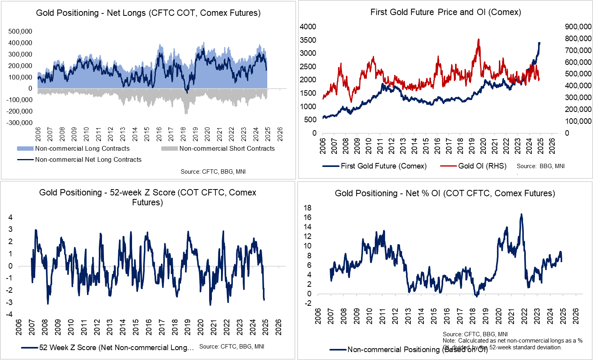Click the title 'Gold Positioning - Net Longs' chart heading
[x=148, y=13]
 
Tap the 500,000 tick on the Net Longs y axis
[x=20, y=31]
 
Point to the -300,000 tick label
[x=19, y=123]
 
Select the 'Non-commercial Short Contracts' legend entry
[x=227, y=149]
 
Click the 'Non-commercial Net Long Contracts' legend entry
[x=88, y=160]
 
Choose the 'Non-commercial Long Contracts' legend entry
[x=82, y=149]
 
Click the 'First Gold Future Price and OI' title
[x=446, y=12]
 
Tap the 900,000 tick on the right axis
[x=578, y=27]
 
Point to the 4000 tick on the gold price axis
[x=308, y=27]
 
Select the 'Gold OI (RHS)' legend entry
[x=482, y=166]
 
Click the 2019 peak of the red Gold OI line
[x=479, y=39]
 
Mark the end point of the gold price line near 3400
[x=540, y=43]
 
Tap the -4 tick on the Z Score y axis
[x=10, y=315]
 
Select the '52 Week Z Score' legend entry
[x=116, y=348]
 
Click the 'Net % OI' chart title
[x=445, y=193]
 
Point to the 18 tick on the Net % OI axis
[x=307, y=208]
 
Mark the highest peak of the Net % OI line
[x=521, y=214]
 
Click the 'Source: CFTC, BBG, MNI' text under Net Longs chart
[x=213, y=172]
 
